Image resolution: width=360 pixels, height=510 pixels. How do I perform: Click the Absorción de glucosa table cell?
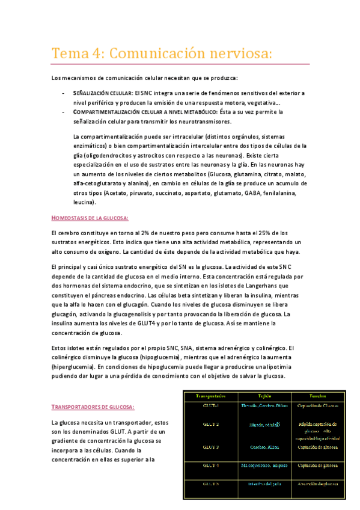tap(316, 484)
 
